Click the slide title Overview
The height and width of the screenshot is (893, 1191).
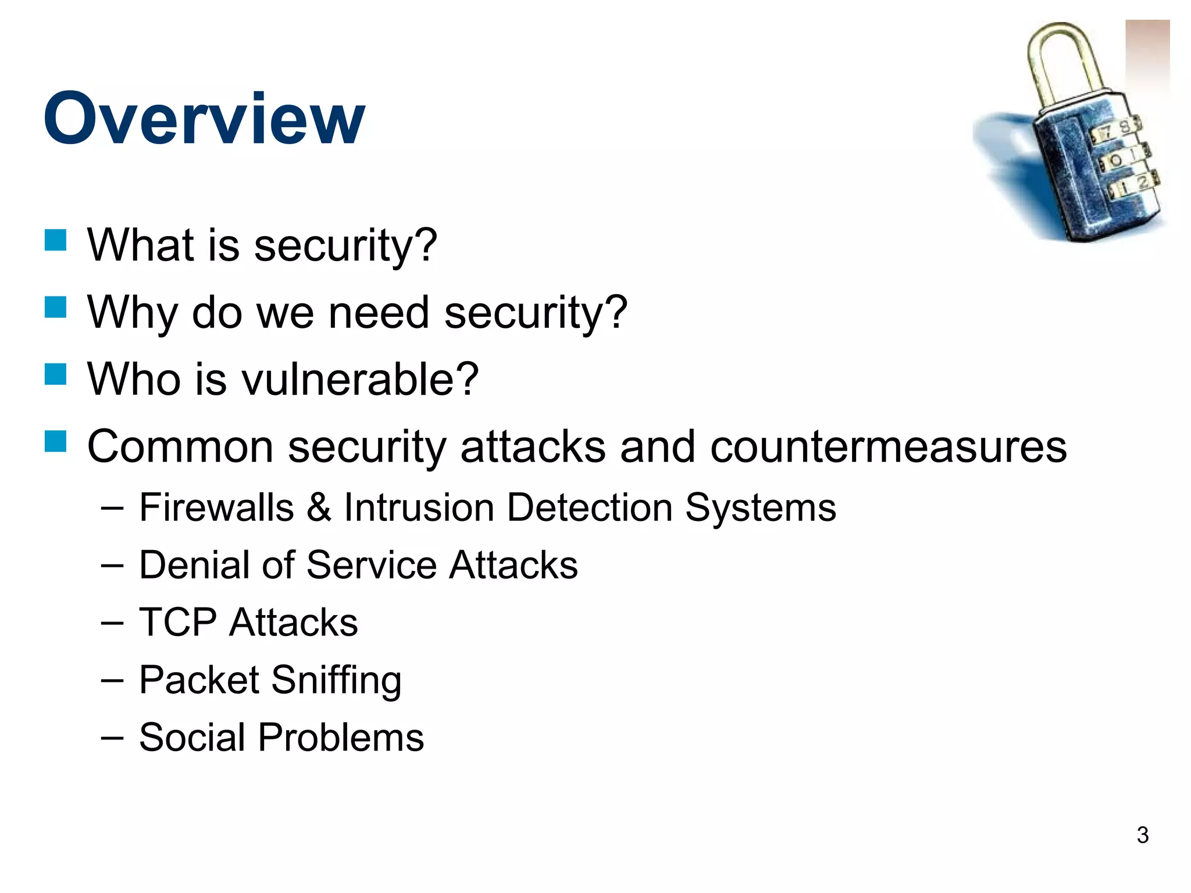click(204, 119)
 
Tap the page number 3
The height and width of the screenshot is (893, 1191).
click(1142, 835)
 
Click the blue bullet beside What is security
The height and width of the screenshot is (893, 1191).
click(56, 240)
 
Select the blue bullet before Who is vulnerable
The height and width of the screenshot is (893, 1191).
click(56, 374)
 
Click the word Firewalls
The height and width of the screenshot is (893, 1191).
click(216, 508)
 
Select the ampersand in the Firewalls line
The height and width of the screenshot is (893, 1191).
click(319, 508)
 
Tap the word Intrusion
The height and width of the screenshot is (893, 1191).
click(419, 508)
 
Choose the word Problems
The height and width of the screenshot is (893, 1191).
click(341, 738)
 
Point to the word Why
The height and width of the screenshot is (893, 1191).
click(131, 313)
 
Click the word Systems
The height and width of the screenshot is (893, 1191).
click(760, 508)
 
